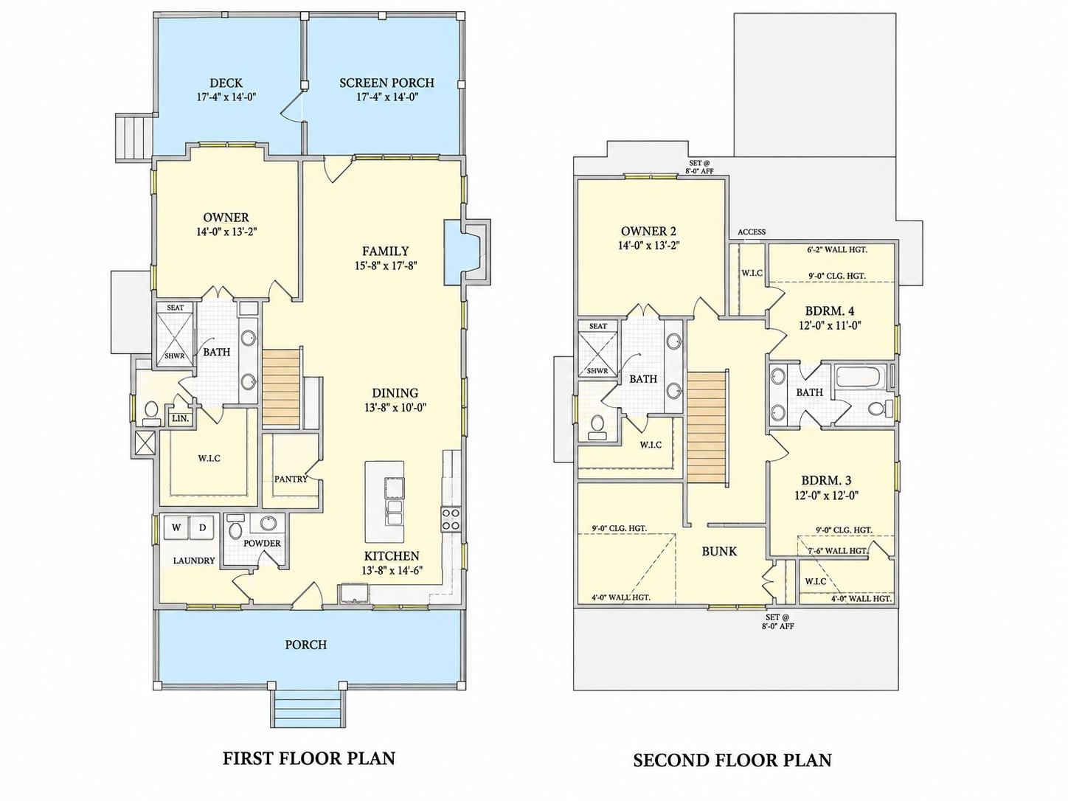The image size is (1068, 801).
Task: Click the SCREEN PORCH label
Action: (386, 83)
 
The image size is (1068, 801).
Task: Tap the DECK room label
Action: (226, 83)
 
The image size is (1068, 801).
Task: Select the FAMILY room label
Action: (385, 251)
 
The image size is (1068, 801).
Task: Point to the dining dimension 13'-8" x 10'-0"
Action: (395, 408)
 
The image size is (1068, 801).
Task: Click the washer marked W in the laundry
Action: (176, 527)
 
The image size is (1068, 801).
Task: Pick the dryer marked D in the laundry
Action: (203, 527)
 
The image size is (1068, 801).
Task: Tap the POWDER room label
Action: (263, 544)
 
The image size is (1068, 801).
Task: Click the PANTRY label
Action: (291, 479)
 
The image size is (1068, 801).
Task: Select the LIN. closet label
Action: (181, 418)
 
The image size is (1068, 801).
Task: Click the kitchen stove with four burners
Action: (451, 519)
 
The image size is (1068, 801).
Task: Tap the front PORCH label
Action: (306, 645)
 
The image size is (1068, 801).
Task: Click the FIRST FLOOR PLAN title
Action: (309, 758)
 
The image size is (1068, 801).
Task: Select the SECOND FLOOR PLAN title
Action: (732, 760)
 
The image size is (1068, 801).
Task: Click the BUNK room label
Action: (719, 552)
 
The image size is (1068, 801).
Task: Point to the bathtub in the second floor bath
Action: (859, 376)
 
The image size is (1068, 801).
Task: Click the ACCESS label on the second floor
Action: (752, 232)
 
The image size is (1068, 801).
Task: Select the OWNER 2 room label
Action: (648, 231)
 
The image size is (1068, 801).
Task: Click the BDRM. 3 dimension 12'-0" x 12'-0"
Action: (827, 496)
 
